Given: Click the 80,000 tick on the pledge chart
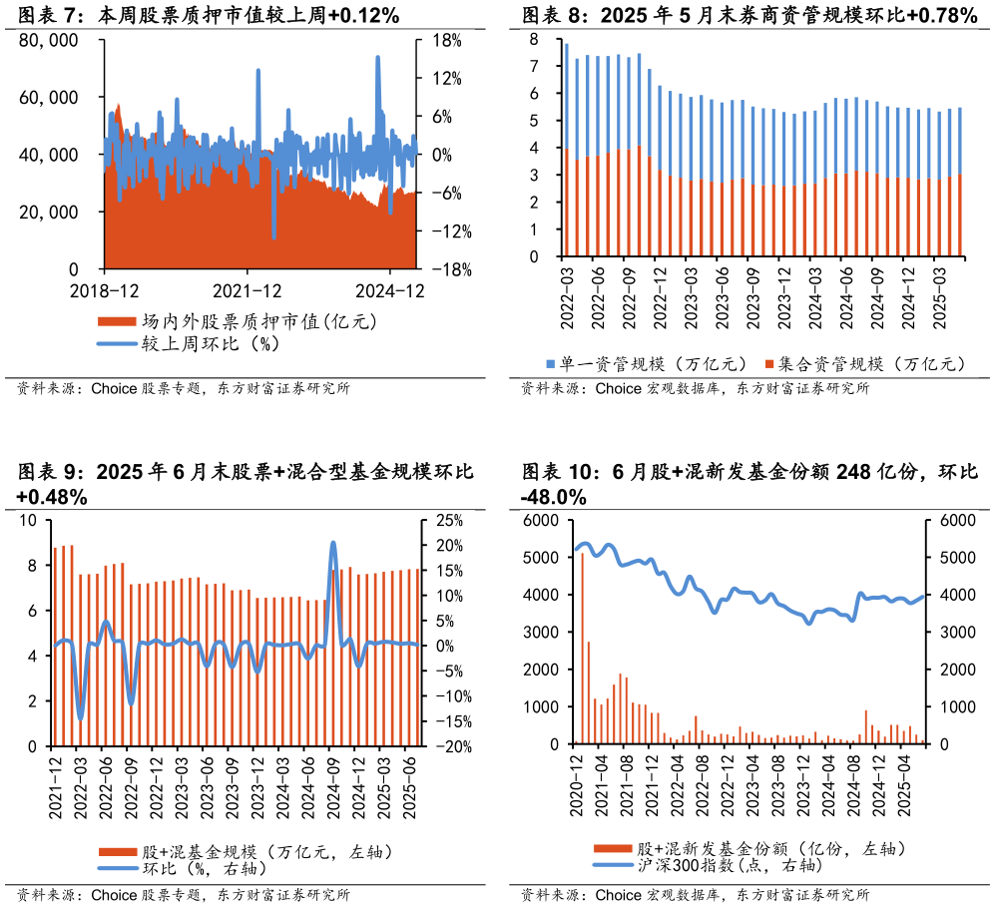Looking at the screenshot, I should (x=48, y=41).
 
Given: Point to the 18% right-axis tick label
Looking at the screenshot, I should (x=446, y=41).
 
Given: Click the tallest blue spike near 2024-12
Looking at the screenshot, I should (x=378, y=58).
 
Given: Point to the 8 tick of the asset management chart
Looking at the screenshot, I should (x=535, y=39).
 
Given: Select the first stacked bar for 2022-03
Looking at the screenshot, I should (x=567, y=150).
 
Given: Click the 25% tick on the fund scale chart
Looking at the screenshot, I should (x=442, y=521).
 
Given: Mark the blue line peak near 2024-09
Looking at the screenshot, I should (x=332, y=544).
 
